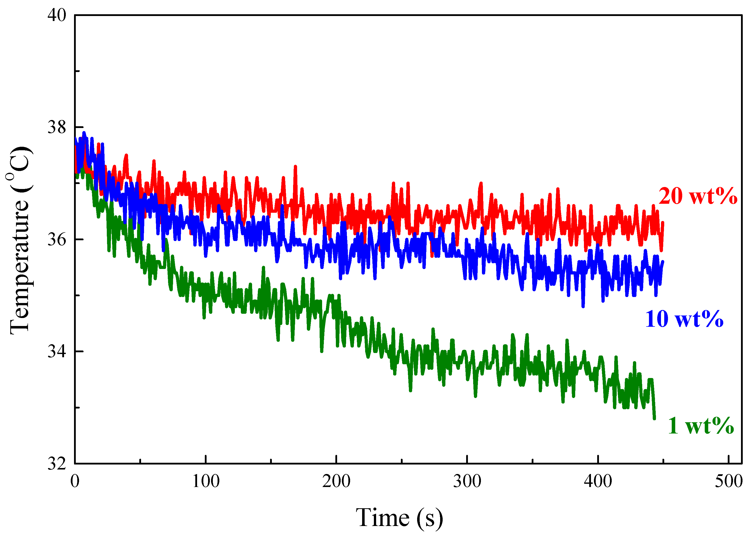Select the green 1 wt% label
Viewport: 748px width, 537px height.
[x=700, y=426]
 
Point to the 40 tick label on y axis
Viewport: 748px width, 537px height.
[x=57, y=15]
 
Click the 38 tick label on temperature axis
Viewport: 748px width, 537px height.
[x=57, y=127]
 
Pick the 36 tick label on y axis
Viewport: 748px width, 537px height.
[x=57, y=239]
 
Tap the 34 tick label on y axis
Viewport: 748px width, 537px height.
[x=57, y=351]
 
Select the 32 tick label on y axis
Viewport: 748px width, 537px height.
[x=57, y=464]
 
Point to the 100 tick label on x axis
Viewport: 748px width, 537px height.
[x=206, y=481]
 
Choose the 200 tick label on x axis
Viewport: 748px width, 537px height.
[x=336, y=481]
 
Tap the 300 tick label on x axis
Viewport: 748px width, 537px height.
[x=467, y=481]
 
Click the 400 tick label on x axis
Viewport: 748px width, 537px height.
[x=598, y=481]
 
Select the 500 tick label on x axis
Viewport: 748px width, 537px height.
[x=728, y=481]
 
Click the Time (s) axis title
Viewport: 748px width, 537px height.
[x=399, y=518]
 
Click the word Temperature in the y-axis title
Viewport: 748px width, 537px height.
[x=20, y=267]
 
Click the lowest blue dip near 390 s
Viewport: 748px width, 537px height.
[x=583, y=306]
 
